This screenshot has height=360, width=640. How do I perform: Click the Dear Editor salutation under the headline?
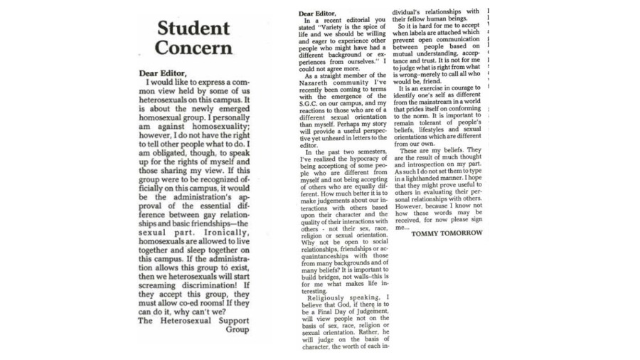point(163,73)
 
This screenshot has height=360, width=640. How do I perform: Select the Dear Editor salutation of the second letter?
point(316,14)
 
